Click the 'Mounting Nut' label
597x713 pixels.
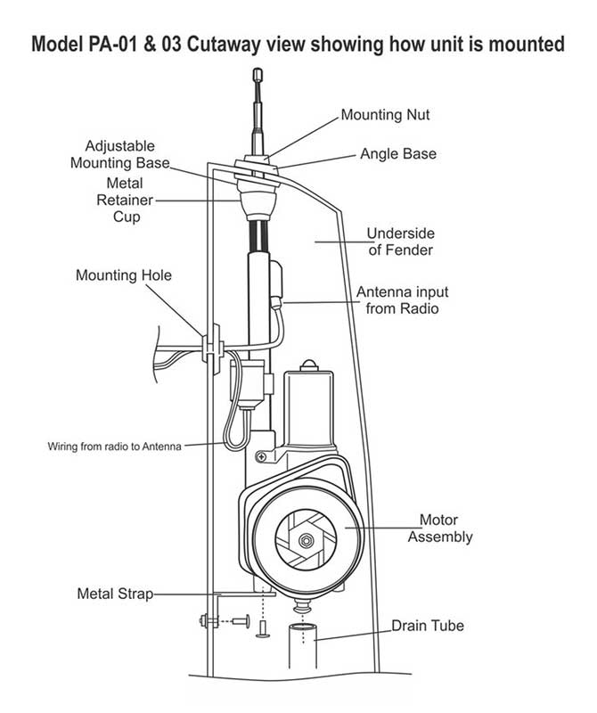pos(385,115)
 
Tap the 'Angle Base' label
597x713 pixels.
pos(398,153)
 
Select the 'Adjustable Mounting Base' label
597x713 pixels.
pos(120,154)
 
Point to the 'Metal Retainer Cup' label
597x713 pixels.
pos(125,200)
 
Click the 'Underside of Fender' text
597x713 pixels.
pos(401,242)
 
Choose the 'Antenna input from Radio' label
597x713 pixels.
pos(403,300)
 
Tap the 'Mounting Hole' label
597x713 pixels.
pos(124,275)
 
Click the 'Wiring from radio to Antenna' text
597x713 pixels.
pos(115,447)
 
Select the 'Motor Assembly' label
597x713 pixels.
pos(440,528)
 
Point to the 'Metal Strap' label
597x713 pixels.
pos(115,594)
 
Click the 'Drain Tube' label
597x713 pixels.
pos(428,626)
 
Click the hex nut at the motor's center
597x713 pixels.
pos(306,541)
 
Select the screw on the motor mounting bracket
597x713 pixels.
pos(261,456)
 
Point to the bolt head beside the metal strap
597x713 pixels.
pos(204,620)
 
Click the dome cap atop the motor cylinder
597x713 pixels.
pos(307,365)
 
